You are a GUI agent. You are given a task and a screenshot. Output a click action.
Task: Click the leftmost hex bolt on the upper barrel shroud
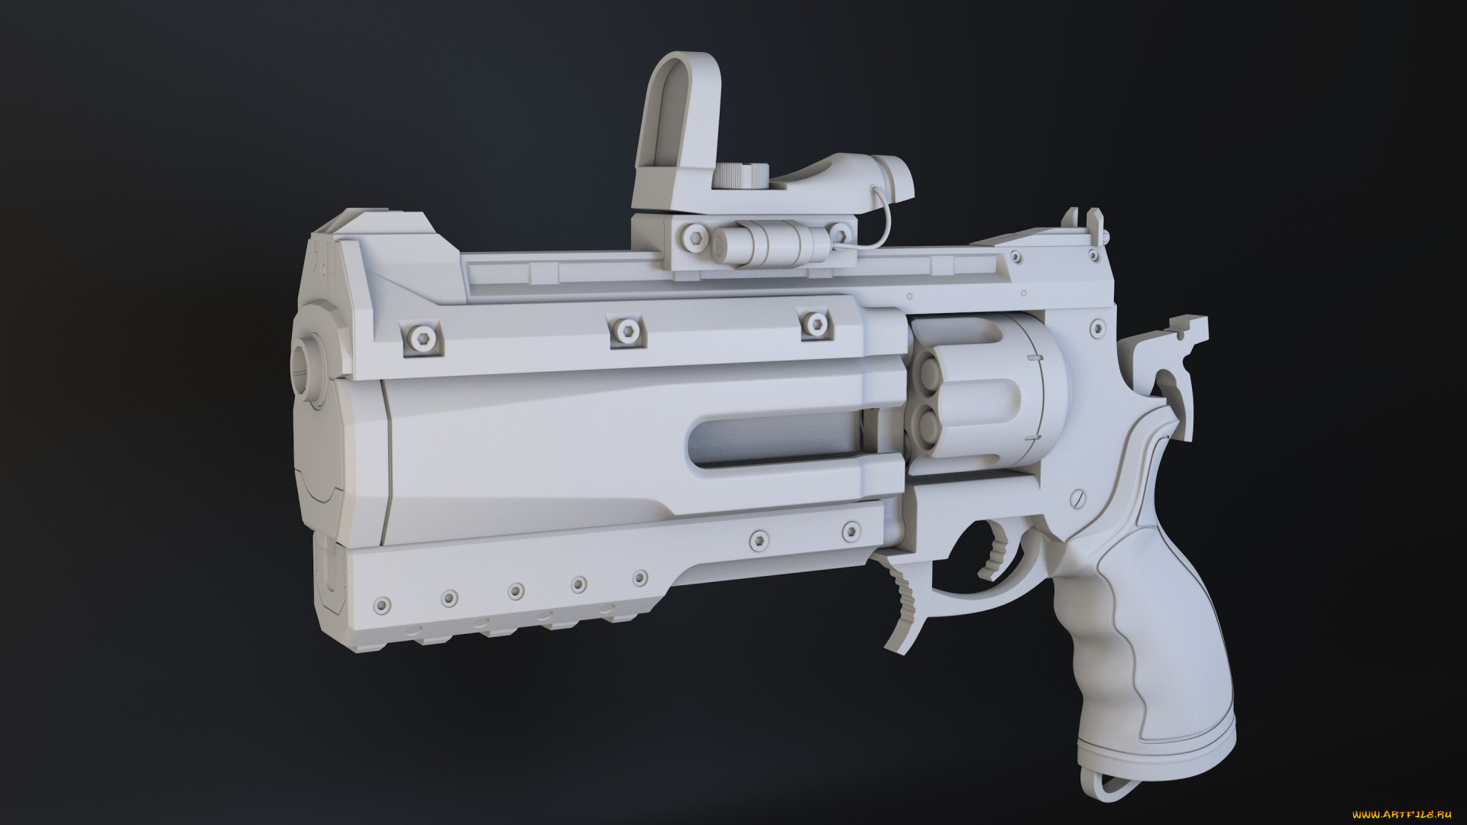point(422,338)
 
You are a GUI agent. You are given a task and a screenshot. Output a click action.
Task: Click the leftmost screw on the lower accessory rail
point(381,606)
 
